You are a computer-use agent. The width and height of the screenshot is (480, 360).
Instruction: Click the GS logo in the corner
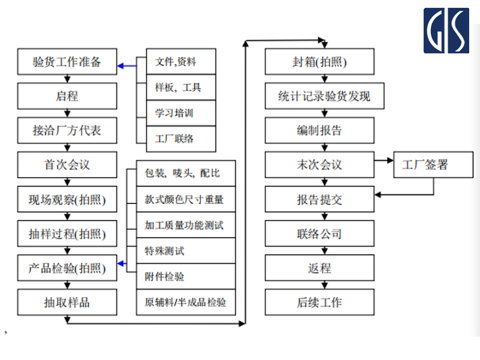click(446, 31)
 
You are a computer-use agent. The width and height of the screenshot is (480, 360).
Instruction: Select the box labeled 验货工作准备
click(67, 62)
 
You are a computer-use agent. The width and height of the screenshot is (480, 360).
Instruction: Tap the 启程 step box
click(67, 96)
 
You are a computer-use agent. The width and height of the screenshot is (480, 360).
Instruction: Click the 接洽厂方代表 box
click(67, 130)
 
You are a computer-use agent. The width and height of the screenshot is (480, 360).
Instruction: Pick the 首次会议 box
click(67, 165)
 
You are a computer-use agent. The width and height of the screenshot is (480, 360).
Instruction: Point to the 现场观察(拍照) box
click(67, 200)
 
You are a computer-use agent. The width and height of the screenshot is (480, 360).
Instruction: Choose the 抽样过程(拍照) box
click(67, 234)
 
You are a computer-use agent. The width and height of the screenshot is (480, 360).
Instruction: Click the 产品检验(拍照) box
click(67, 268)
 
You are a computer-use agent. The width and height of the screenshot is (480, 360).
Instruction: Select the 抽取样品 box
click(67, 302)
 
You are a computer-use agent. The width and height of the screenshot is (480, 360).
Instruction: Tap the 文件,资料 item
click(176, 62)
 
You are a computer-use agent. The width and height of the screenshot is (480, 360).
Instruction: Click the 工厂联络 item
click(176, 139)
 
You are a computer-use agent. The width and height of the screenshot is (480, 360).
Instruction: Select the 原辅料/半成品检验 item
click(186, 302)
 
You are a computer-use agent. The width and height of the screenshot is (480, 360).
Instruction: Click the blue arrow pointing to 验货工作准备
click(127, 65)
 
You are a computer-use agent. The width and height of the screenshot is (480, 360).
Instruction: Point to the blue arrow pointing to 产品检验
click(122, 263)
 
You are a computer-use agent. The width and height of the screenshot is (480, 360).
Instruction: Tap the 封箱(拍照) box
click(320, 62)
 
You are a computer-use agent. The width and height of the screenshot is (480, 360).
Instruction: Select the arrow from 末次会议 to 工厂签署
click(383, 160)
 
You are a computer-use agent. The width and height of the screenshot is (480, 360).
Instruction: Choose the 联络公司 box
click(320, 234)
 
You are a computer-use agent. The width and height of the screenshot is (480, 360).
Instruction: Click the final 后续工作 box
click(320, 302)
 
